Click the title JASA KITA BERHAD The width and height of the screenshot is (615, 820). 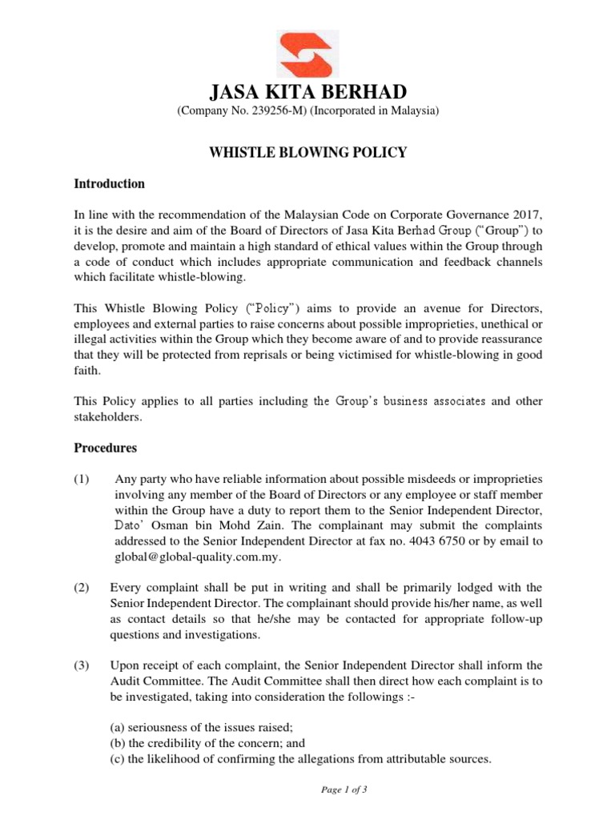click(x=307, y=91)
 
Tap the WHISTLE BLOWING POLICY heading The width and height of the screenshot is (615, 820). click(x=307, y=151)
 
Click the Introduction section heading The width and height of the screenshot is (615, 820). click(x=109, y=183)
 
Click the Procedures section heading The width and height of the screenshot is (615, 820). click(x=105, y=448)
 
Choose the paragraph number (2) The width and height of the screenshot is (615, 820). click(x=82, y=588)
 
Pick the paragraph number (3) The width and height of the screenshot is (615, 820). click(x=82, y=665)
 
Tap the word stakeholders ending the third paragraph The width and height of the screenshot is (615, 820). click(x=107, y=416)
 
